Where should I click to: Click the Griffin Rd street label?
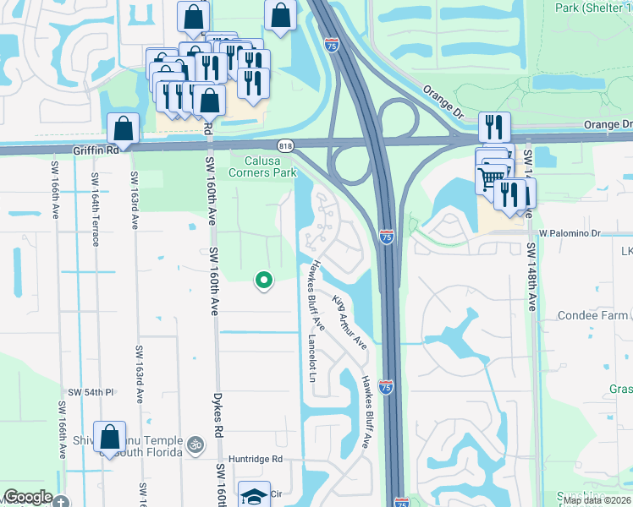(93, 150)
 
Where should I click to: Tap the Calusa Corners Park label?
(271, 166)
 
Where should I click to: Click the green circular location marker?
(264, 281)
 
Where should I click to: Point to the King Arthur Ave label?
(350, 322)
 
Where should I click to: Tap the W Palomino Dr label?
(569, 232)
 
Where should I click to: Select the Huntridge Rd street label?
(253, 461)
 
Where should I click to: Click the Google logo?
(28, 497)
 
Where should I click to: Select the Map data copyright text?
(597, 500)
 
